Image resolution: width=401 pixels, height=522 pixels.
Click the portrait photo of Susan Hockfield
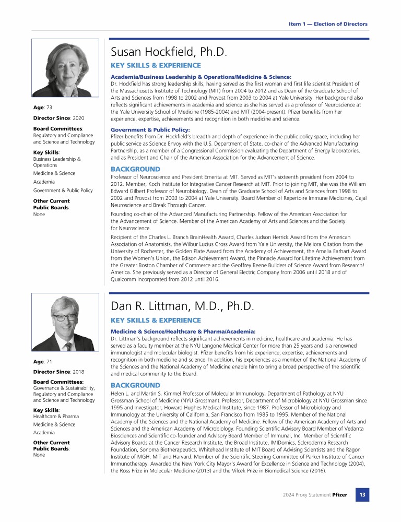65,67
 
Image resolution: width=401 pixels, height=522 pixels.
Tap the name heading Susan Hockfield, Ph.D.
169,52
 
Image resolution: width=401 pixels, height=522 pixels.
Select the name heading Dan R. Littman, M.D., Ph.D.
182,306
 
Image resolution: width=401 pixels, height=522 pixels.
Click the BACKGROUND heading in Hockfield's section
135,170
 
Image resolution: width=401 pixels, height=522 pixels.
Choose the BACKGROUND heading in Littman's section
135,385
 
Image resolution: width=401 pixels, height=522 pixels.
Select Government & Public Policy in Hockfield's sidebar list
63,191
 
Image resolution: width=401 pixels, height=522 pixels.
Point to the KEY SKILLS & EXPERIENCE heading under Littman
156,320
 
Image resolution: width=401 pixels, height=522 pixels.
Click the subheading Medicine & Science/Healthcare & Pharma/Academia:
183,331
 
